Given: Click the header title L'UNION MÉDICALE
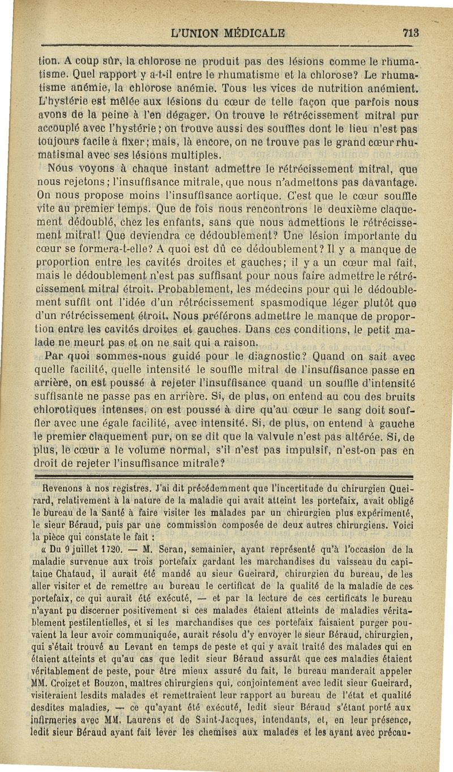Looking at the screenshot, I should pos(228,33).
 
